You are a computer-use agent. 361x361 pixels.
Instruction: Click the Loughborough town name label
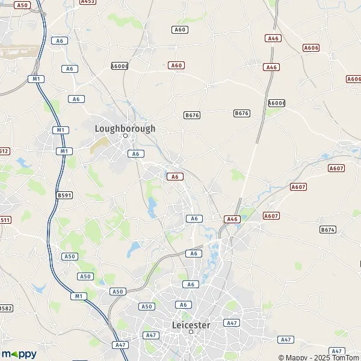tap(125, 128)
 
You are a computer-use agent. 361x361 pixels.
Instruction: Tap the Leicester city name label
tap(191, 325)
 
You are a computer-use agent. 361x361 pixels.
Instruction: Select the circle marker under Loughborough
tap(126, 136)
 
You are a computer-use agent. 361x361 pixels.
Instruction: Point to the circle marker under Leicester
tap(191, 332)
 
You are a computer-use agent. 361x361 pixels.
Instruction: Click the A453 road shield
tap(88, 2)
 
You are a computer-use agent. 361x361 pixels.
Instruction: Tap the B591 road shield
tap(64, 196)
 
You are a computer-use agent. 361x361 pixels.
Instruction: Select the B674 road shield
tap(327, 229)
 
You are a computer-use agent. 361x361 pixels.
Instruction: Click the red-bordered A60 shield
tap(176, 65)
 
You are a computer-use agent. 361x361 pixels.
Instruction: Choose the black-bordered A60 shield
tap(179, 29)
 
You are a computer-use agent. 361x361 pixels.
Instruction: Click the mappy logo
tap(19, 354)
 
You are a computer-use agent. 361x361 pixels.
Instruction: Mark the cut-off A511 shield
tap(4, 220)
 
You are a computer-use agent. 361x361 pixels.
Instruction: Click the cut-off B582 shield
tap(5, 308)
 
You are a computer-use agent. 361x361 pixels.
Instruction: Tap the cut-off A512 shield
tap(4, 151)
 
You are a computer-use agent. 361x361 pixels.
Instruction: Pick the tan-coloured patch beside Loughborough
tap(100, 145)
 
